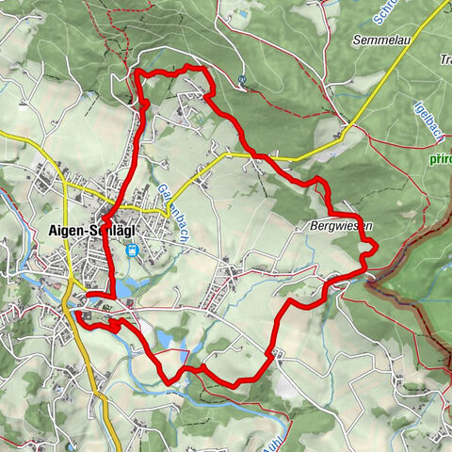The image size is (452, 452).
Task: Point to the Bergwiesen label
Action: [x=338, y=227]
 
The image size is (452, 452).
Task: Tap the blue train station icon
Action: [x=132, y=250]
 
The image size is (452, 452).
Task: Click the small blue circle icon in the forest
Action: [x=242, y=80]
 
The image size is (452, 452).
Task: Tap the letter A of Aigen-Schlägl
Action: [x=53, y=232]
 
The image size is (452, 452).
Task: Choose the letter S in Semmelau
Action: [x=356, y=40]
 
